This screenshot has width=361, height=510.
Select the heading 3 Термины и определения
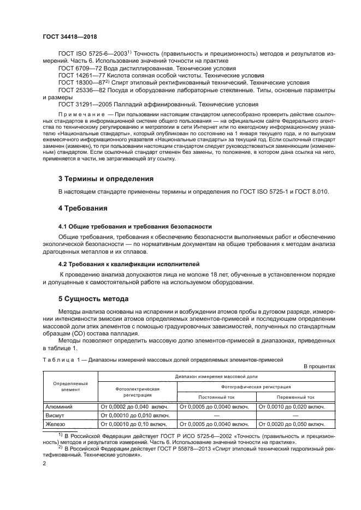pos(105,178)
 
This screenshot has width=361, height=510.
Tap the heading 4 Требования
pos(82,208)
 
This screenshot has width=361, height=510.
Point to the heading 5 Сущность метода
pos(93,299)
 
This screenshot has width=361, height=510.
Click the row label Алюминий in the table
pos(58,406)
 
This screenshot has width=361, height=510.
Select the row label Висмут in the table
pos(56,415)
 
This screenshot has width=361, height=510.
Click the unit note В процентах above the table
pos(319,367)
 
